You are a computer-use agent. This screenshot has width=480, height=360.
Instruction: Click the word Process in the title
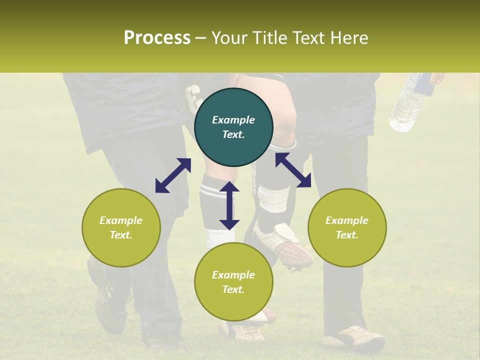coord(157,37)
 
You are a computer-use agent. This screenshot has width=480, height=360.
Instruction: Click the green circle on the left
coord(121,227)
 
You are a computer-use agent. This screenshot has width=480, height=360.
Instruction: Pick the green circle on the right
coord(347,227)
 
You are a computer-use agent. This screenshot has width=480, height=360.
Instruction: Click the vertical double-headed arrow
coord(229,205)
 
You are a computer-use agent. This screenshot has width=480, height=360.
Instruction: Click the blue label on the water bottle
coord(425,83)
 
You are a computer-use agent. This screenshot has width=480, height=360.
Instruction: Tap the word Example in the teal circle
coord(233,120)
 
